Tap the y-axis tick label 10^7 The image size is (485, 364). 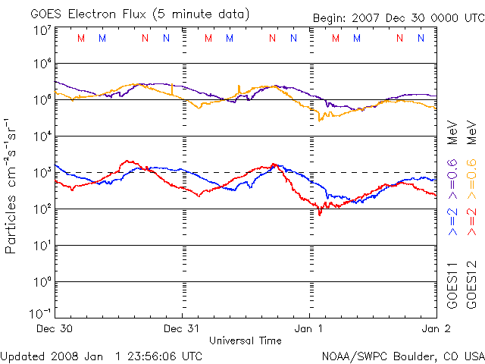click(x=41, y=30)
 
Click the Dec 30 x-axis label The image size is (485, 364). click(x=55, y=329)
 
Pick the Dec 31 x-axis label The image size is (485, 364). click(x=182, y=329)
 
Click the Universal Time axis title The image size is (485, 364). click(x=246, y=340)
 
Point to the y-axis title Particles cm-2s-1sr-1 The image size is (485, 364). click(x=12, y=186)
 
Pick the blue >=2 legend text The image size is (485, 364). click(x=453, y=220)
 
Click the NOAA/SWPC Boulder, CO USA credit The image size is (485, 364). click(x=402, y=356)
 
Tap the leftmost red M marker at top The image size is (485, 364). click(x=81, y=38)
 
